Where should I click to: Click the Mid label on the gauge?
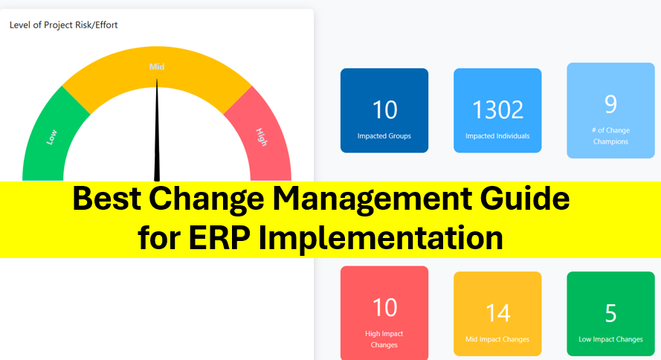click(157, 67)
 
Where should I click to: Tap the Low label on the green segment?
click(51, 138)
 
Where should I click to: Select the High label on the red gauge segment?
click(262, 137)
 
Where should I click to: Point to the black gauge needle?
click(157, 130)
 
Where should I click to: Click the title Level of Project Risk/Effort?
click(64, 25)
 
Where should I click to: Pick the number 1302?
click(497, 110)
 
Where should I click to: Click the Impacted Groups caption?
click(384, 135)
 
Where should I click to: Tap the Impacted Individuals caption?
click(497, 135)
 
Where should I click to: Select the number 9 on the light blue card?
click(610, 104)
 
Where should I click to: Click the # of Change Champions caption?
click(610, 135)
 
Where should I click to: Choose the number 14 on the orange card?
click(498, 313)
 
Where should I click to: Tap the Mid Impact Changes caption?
click(497, 339)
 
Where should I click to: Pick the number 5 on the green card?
click(611, 313)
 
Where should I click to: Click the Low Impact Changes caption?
click(610, 339)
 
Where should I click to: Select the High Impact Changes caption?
click(384, 339)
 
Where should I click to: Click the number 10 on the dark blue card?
click(385, 110)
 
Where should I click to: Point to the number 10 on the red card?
click(385, 307)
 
